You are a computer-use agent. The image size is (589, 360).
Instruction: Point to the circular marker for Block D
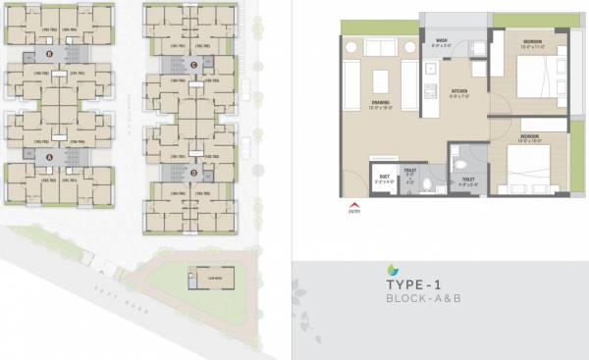(194, 174)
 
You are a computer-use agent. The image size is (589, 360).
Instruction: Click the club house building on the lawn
(206, 279)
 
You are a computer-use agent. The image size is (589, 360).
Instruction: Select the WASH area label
(443, 41)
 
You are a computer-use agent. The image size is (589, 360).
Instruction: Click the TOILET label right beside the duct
(411, 173)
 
